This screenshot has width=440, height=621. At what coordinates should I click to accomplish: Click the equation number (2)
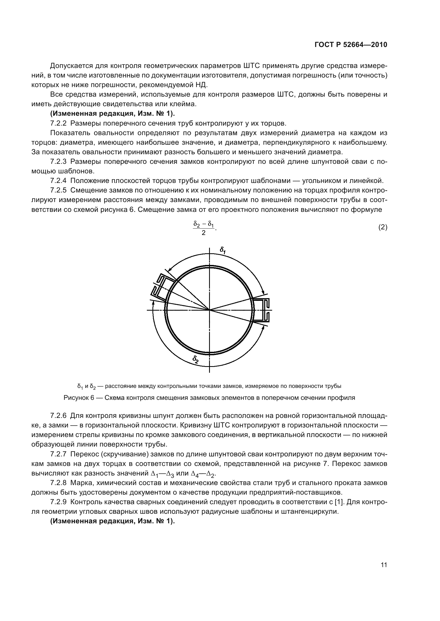pyautogui.click(x=383, y=228)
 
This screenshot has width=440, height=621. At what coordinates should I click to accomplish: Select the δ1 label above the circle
pyautogui.click(x=223, y=250)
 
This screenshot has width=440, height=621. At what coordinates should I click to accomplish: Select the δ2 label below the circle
pyautogui.click(x=196, y=359)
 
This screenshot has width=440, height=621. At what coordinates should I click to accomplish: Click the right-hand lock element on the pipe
pyautogui.click(x=262, y=310)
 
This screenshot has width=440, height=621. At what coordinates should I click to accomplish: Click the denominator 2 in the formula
pyautogui.click(x=204, y=233)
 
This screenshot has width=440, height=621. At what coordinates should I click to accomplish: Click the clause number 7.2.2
pyautogui.click(x=58, y=124)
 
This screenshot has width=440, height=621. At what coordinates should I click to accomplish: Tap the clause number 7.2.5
pyautogui.click(x=58, y=190)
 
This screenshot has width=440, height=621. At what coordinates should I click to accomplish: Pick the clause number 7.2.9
pyautogui.click(x=58, y=502)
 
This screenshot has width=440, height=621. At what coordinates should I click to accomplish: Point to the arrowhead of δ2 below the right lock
pyautogui.click(x=263, y=328)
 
